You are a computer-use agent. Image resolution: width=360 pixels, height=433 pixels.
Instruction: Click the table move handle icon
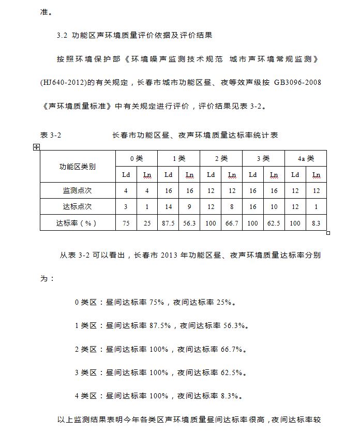point(37,147)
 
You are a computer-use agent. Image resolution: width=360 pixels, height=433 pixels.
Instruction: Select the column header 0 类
point(136,159)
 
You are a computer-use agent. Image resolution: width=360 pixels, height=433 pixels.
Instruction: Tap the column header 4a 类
point(305,159)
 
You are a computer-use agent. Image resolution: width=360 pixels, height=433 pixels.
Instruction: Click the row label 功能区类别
point(77,167)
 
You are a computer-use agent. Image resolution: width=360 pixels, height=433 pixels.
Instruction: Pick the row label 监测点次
point(77,191)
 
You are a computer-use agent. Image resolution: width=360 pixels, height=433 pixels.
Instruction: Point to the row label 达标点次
point(77,206)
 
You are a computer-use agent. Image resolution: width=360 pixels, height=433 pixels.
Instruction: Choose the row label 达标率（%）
point(77,223)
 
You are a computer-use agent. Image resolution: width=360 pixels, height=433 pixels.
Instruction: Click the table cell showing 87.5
point(168,223)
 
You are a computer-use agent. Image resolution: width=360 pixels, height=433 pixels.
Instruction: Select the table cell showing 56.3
point(190,223)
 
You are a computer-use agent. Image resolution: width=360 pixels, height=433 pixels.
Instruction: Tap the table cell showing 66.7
point(232,223)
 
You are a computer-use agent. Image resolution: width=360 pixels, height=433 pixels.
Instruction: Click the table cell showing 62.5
point(274,223)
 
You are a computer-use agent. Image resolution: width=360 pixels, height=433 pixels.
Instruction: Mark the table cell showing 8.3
point(316,223)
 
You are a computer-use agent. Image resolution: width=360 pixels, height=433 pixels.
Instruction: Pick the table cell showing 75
point(126,223)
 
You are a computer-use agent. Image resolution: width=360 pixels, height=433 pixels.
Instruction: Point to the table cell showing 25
point(147,223)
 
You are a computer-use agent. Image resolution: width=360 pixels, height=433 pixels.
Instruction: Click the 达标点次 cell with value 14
point(168,206)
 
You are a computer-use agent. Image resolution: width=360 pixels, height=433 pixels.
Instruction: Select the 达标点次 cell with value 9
point(190,206)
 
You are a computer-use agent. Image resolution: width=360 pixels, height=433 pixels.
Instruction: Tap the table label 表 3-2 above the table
point(51,135)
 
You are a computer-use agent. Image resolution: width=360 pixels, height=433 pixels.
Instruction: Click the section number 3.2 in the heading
point(62,36)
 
